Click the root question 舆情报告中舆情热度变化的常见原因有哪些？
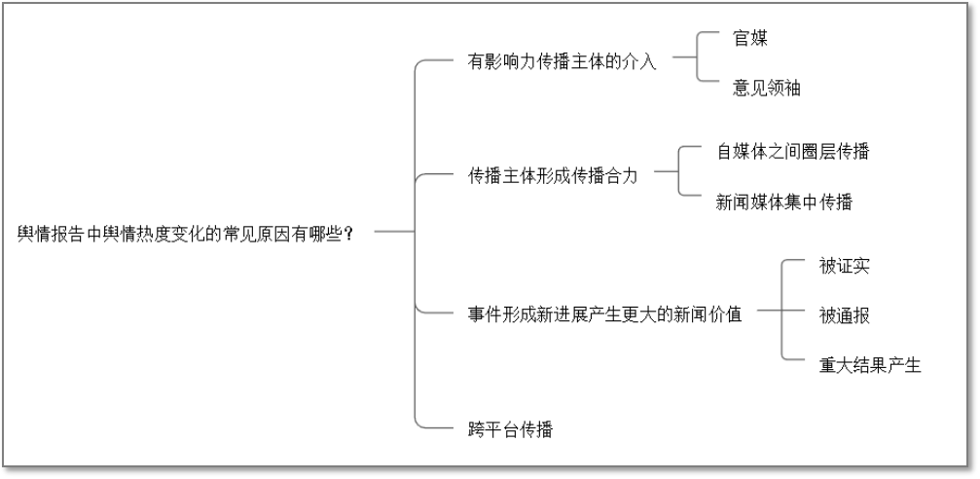click(185, 235)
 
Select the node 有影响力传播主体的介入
click(563, 62)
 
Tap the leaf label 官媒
click(751, 38)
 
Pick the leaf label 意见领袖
click(767, 88)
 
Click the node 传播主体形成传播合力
click(553, 176)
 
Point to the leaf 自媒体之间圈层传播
click(792, 151)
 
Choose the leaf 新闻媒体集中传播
click(783, 203)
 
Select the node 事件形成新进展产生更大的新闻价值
click(604, 314)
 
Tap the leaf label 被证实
click(843, 266)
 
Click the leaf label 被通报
click(843, 314)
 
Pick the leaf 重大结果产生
click(869, 365)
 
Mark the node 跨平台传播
click(510, 428)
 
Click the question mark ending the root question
click(348, 235)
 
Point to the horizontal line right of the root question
click(394, 232)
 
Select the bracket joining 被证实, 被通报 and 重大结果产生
click(782, 312)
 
